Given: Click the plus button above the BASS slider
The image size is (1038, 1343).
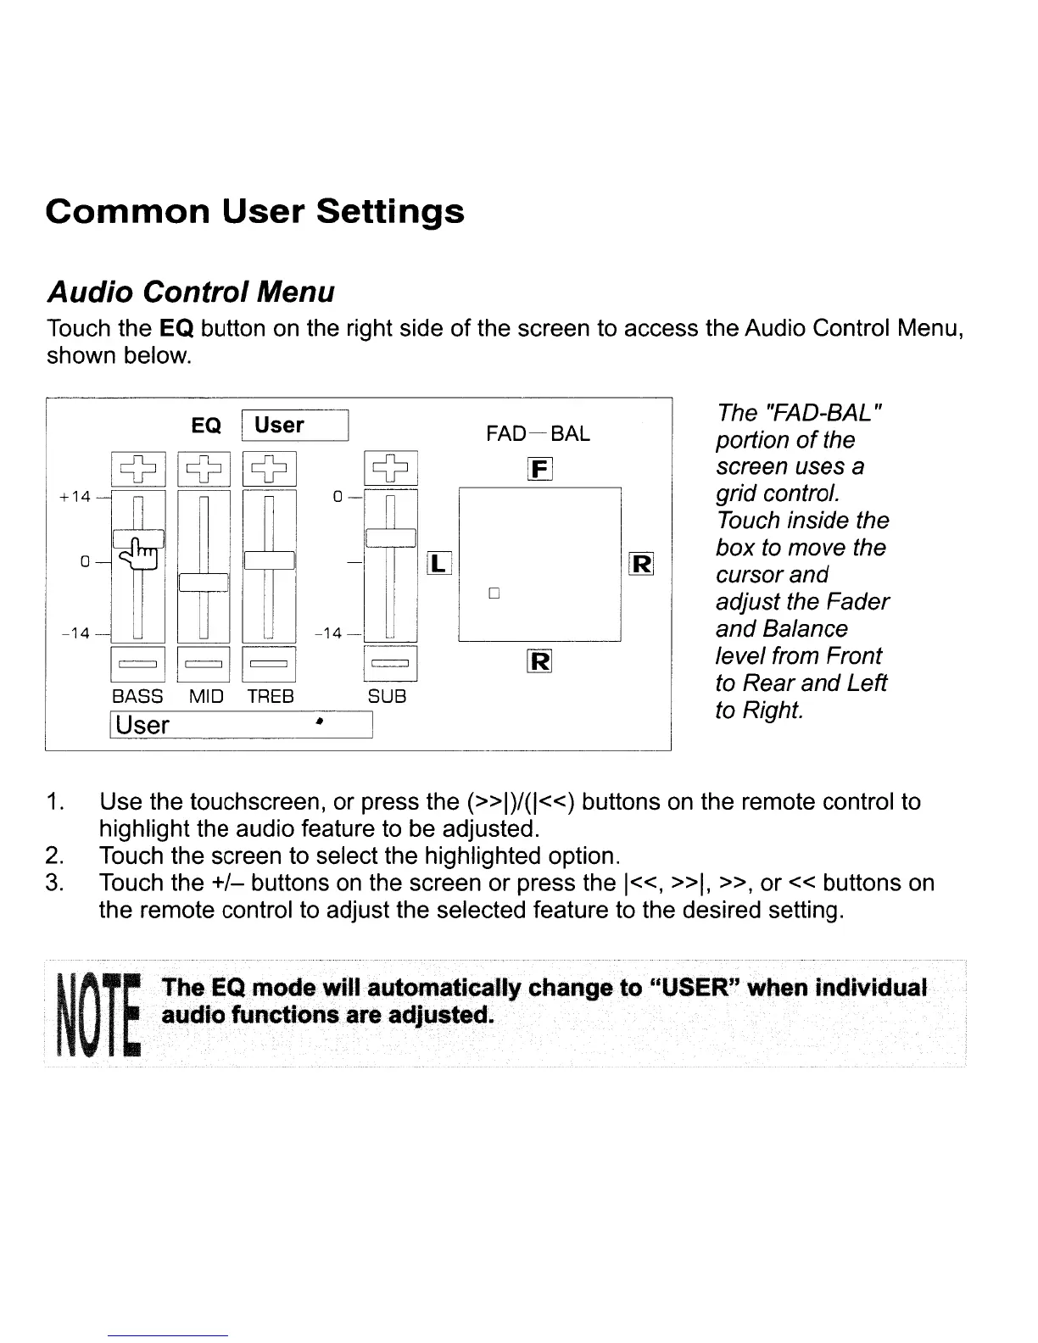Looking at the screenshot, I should [x=138, y=468].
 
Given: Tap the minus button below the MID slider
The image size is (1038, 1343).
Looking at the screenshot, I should [x=204, y=664].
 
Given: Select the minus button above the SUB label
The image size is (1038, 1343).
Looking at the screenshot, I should [x=390, y=664].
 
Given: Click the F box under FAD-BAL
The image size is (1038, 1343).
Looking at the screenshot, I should [x=540, y=468].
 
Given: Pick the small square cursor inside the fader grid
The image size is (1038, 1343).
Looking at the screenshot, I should [x=494, y=593].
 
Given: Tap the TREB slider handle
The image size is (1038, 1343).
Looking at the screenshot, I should [x=269, y=561].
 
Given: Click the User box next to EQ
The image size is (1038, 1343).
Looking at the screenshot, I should [x=295, y=426].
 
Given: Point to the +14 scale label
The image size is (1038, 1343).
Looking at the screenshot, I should [x=75, y=497].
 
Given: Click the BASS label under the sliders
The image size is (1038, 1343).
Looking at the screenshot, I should [x=137, y=697].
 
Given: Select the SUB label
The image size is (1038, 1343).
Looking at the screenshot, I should [x=387, y=697].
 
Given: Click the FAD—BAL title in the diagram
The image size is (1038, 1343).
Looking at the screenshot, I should [x=538, y=434].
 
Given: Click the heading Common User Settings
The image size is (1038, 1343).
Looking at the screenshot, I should [x=255, y=211].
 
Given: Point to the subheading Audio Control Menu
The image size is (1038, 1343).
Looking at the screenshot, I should [x=191, y=293].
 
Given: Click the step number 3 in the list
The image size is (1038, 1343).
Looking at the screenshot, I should [x=56, y=883].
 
